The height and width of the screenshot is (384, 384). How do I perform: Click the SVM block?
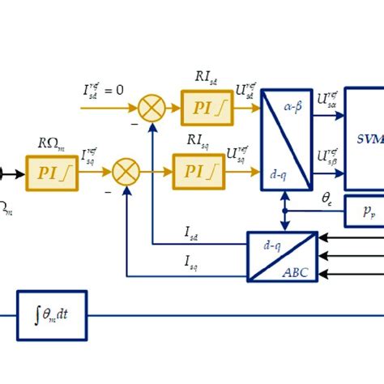click(x=365, y=138)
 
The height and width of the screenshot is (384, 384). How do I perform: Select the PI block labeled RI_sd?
click(x=207, y=108)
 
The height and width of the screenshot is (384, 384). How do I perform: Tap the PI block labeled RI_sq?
click(x=198, y=171)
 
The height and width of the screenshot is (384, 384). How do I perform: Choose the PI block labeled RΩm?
click(x=52, y=173)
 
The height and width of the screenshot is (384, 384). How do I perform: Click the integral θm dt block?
click(x=52, y=315)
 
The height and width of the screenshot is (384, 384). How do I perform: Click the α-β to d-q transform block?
click(x=286, y=139)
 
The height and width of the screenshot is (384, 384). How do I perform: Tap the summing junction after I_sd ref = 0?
click(x=151, y=108)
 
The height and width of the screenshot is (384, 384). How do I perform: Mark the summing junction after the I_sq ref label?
click(x=126, y=171)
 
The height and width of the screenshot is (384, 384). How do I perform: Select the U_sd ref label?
click(x=245, y=91)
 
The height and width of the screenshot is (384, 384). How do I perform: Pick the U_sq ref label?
click(x=238, y=153)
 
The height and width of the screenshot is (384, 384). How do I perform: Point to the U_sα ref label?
click(x=328, y=101)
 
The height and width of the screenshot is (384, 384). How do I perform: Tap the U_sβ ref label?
click(x=328, y=156)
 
